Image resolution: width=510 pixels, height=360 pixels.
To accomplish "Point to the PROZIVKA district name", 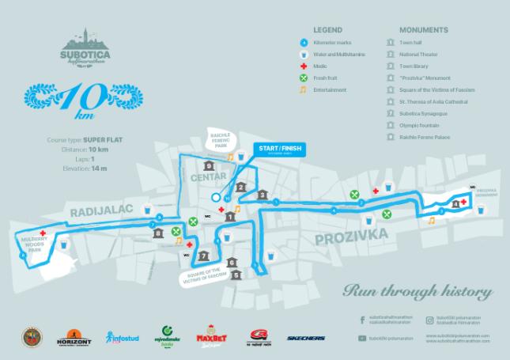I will click(349, 235).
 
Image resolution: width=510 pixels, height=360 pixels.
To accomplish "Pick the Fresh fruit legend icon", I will click(304, 79).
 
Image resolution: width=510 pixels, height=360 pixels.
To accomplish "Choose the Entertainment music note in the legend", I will click(304, 90).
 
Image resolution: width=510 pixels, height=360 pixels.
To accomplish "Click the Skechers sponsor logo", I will click(305, 339).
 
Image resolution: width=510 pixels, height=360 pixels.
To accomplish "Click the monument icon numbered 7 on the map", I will click(204, 256).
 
